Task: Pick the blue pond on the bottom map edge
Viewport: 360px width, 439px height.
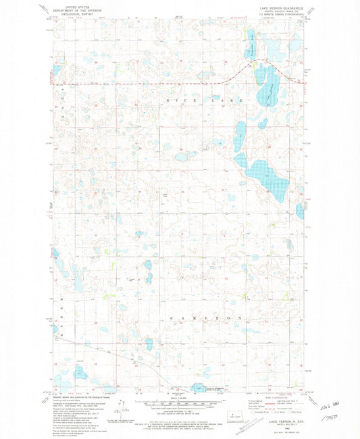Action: pos(199,388)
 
